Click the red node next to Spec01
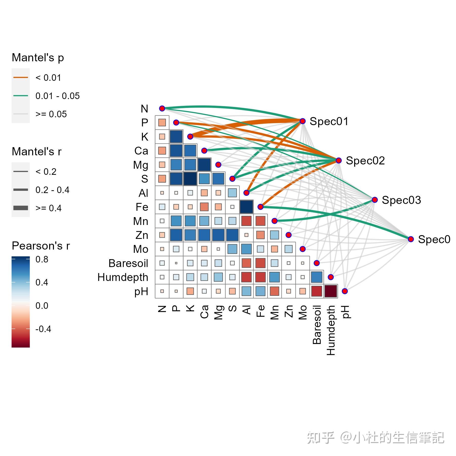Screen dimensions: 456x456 pyautogui.click(x=302, y=121)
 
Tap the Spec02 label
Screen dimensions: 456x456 pyautogui.click(x=365, y=161)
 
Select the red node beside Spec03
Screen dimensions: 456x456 pyautogui.click(x=375, y=200)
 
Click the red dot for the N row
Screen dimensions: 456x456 pyautogui.click(x=162, y=108)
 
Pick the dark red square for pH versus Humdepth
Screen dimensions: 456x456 pyautogui.click(x=331, y=291)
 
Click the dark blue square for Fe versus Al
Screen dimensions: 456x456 pyautogui.click(x=246, y=207)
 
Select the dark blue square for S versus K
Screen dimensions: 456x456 pyautogui.click(x=190, y=179)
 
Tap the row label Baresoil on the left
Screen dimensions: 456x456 pyautogui.click(x=128, y=263)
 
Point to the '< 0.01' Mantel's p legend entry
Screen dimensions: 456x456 pyautogui.click(x=48, y=78)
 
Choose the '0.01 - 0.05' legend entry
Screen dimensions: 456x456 pyautogui.click(x=58, y=96)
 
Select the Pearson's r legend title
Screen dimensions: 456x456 pyautogui.click(x=41, y=246)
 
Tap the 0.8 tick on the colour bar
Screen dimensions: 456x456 pyautogui.click(x=42, y=259)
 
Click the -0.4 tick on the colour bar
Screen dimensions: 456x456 pyautogui.click(x=43, y=329)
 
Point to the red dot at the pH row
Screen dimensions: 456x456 pyautogui.click(x=345, y=291)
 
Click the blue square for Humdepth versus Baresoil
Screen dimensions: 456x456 pyautogui.click(x=317, y=277)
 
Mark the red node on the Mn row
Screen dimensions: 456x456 pyautogui.click(x=274, y=221)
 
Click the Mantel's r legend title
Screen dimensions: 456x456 pyautogui.click(x=36, y=151)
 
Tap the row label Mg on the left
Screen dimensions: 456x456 pyautogui.click(x=141, y=165)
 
